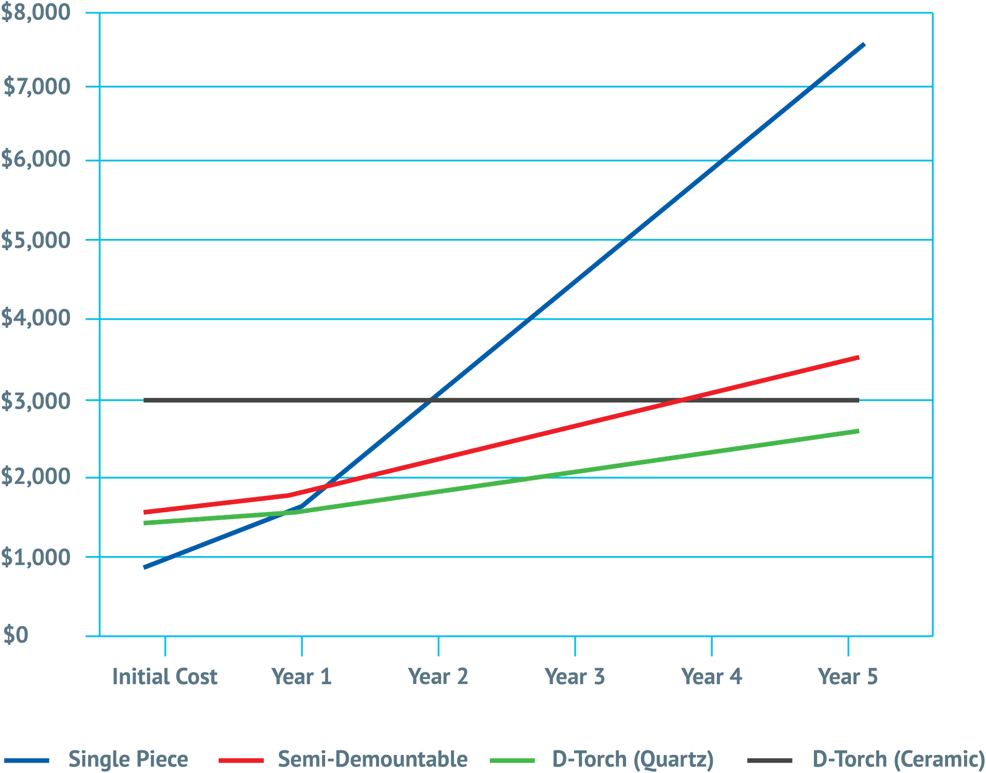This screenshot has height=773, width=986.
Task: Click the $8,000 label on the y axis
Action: [35, 12]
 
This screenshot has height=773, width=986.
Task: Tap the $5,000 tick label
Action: [35, 240]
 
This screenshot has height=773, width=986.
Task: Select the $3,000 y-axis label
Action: [35, 400]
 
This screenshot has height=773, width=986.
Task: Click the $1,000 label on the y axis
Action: [35, 557]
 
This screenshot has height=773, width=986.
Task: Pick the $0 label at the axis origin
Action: [16, 635]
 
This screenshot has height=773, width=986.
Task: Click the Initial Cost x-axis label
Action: [165, 676]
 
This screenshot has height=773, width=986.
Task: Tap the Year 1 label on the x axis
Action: [301, 676]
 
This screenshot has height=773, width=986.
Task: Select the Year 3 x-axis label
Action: [575, 676]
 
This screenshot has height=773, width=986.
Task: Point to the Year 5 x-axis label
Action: [848, 676]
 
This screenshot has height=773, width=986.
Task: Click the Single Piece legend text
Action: [128, 759]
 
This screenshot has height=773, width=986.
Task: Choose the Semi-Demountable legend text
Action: [373, 759]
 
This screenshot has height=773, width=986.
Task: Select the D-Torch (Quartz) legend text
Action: [633, 759]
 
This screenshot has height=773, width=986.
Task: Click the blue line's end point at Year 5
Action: [865, 45]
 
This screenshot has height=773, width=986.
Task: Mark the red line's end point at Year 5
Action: [859, 357]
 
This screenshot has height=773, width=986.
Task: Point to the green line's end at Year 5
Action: [859, 431]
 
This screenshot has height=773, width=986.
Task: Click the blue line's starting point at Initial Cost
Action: [145, 567]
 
